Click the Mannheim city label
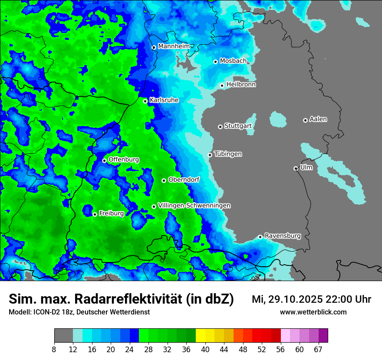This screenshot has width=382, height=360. point(174,46)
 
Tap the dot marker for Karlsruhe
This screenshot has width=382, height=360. point(145,101)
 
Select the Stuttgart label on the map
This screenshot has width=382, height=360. point(238,126)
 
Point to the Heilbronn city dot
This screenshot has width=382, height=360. point(222,85)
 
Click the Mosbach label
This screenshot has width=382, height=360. point(233,61)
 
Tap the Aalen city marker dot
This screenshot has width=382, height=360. point(305,120)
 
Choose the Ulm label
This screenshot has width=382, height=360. point(306,167)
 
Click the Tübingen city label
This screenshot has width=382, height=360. point(228,154)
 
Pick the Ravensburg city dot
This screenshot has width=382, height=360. point(260,237)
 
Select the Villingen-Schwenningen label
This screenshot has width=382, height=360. point(194,205)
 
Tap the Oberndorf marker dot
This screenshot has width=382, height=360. point(164,180)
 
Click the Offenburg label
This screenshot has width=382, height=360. point(124,159)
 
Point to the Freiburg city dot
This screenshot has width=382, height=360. point(95,214)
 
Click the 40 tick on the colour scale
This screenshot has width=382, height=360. point(205,349)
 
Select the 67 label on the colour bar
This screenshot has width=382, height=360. point(318,349)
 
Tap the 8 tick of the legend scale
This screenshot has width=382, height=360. point(54,349)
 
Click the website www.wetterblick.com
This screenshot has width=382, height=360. point(313,312)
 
